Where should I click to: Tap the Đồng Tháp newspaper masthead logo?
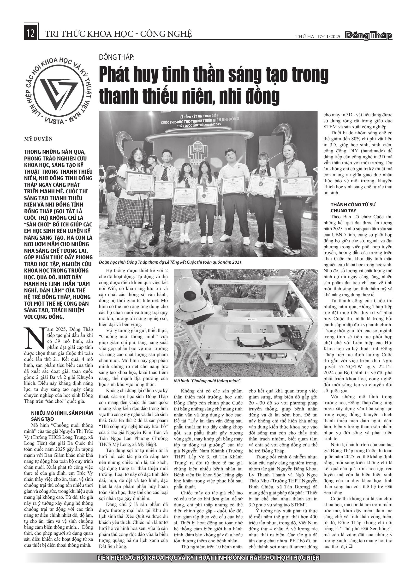[369, 36]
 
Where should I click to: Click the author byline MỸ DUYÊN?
[38, 139]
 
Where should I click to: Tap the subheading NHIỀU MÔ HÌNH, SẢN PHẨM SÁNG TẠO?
[62, 416]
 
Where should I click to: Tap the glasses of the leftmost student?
[138, 155]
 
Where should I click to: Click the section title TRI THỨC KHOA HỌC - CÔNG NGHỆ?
[118, 34]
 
